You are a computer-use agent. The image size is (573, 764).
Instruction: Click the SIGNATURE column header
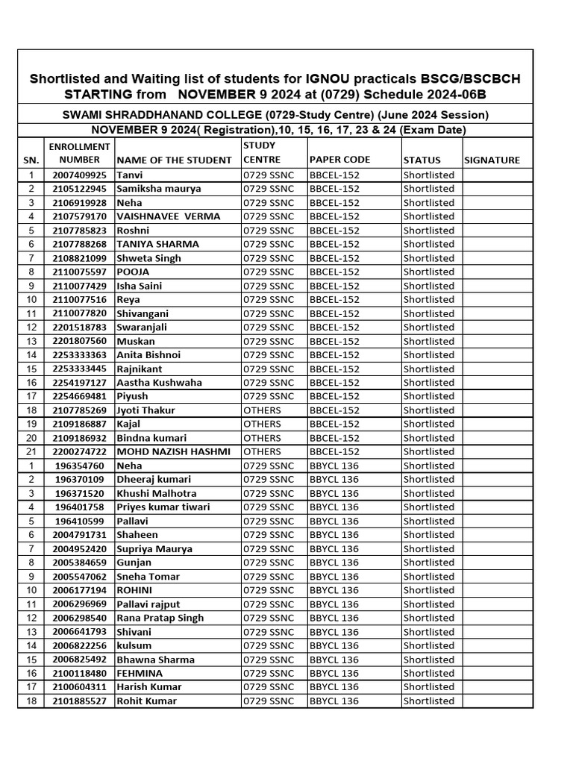tap(492, 160)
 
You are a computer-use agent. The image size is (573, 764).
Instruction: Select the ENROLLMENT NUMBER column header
tap(79, 153)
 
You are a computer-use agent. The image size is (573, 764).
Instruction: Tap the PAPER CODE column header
tap(339, 160)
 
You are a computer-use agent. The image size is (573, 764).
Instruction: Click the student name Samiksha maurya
tap(158, 189)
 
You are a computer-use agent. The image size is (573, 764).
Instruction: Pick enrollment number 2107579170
tap(79, 216)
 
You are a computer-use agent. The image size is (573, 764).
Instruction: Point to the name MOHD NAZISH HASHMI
tap(173, 451)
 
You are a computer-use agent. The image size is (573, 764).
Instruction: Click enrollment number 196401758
tap(80, 507)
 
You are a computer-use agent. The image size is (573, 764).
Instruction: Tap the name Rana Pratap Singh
tap(160, 618)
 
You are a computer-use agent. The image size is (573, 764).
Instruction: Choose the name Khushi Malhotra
tap(156, 493)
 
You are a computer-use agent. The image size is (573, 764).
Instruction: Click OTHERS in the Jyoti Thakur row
tap(262, 410)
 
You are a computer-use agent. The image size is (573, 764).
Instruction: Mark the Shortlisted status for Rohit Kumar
tap(428, 701)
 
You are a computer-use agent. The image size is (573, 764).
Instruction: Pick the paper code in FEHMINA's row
tap(334, 673)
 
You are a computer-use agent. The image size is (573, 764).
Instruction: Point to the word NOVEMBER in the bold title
tap(231, 95)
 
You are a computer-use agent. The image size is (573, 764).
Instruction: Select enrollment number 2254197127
tap(79, 383)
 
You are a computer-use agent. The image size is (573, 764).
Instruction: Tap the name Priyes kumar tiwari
tap(163, 507)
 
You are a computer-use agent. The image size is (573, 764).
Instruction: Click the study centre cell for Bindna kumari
tap(262, 438)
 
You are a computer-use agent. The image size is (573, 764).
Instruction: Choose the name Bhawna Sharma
tap(155, 660)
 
